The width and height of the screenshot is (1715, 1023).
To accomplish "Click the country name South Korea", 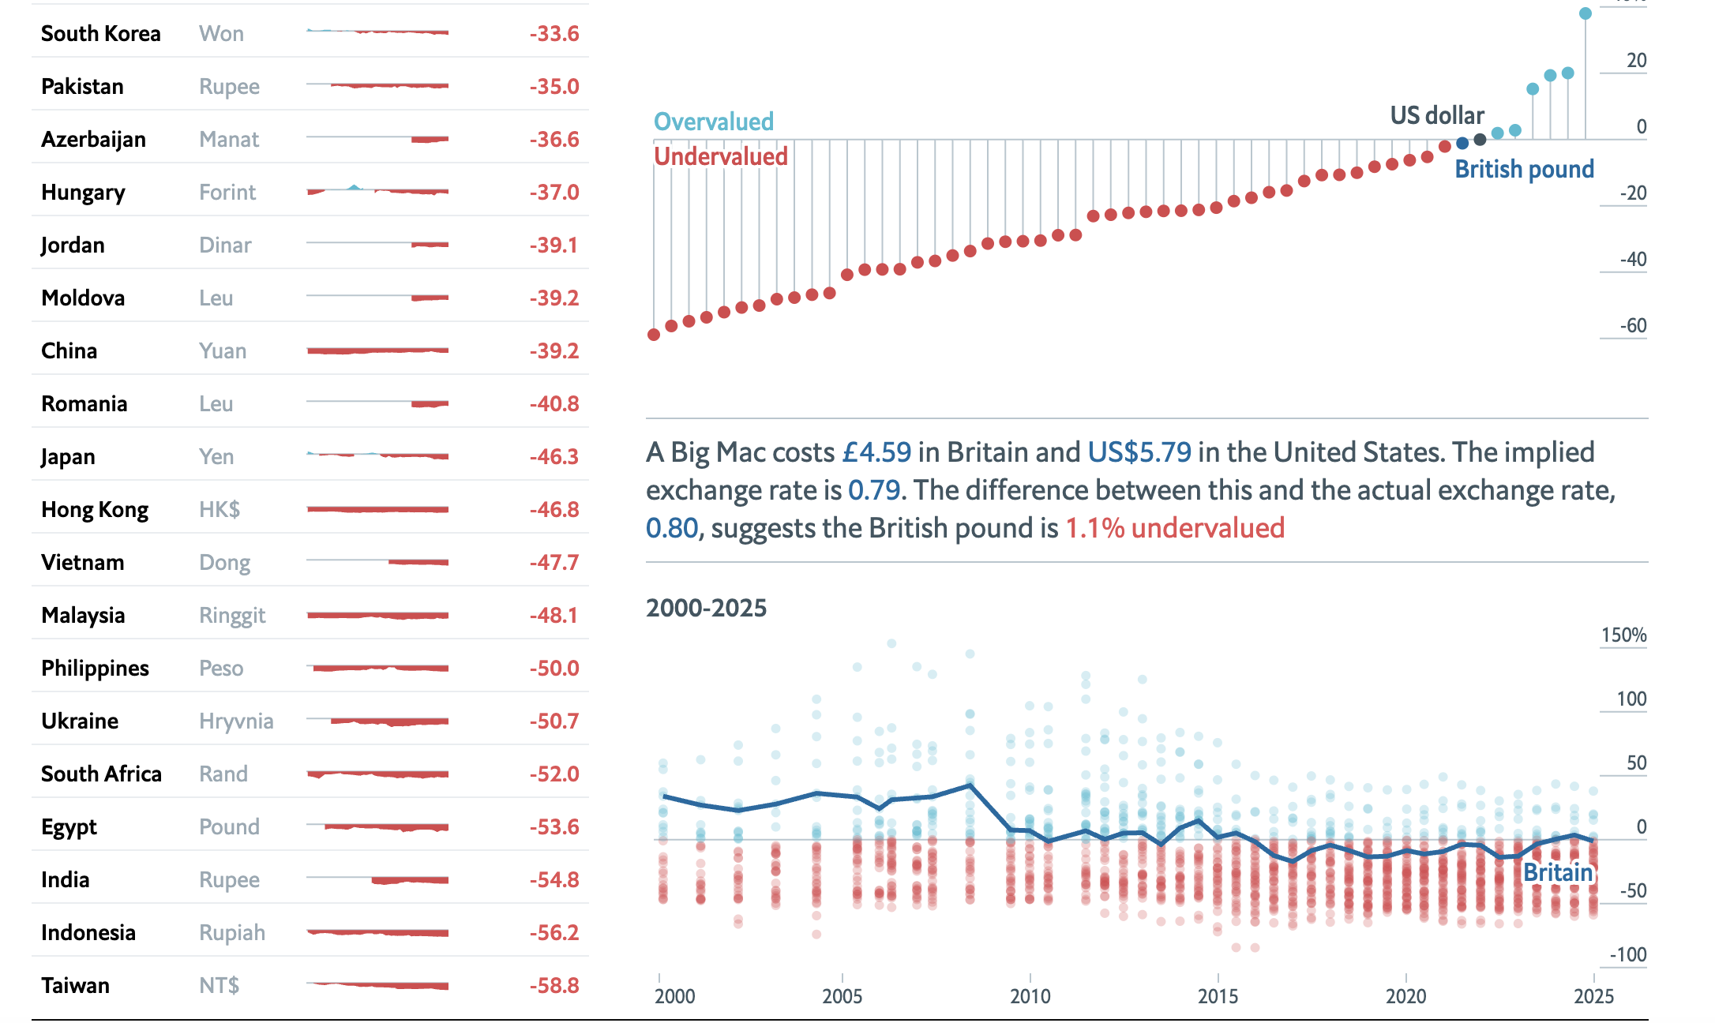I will (100, 34).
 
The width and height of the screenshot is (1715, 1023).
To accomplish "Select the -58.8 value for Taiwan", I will (554, 986).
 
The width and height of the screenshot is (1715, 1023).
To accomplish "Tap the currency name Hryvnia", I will (236, 721).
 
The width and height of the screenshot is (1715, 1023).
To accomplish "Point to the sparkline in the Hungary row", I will (377, 191).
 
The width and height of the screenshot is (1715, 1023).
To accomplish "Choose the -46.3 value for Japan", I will (554, 457).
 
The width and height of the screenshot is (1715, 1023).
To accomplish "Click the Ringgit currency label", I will (232, 616).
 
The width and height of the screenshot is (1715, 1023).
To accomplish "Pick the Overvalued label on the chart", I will (713, 122).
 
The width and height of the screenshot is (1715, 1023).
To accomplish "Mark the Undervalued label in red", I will (720, 156).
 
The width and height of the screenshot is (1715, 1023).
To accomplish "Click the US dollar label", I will (1436, 115).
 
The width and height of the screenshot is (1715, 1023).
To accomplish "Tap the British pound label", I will (1524, 169).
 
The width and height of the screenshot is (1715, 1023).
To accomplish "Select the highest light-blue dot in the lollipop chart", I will (1585, 13).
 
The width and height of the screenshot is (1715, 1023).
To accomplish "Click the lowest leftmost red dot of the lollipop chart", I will (654, 335).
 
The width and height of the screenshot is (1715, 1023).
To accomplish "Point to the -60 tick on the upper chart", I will (1632, 326).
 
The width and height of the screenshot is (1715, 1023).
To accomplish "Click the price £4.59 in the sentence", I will (876, 452).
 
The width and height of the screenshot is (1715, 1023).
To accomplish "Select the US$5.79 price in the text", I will (1139, 452).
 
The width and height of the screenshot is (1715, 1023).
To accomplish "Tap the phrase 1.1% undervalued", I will (1175, 528).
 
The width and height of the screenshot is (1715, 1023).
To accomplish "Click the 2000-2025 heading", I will (706, 608).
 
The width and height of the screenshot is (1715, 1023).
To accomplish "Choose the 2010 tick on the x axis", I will (1030, 996).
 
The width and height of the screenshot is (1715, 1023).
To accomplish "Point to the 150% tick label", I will (1623, 635).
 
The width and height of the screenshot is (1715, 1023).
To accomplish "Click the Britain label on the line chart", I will (1558, 872).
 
